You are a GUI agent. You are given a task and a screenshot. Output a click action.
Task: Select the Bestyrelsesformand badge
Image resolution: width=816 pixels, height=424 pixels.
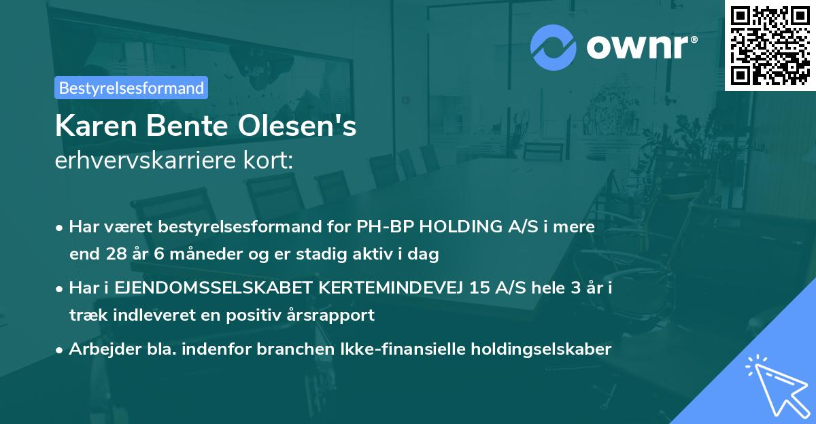click(x=131, y=88)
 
